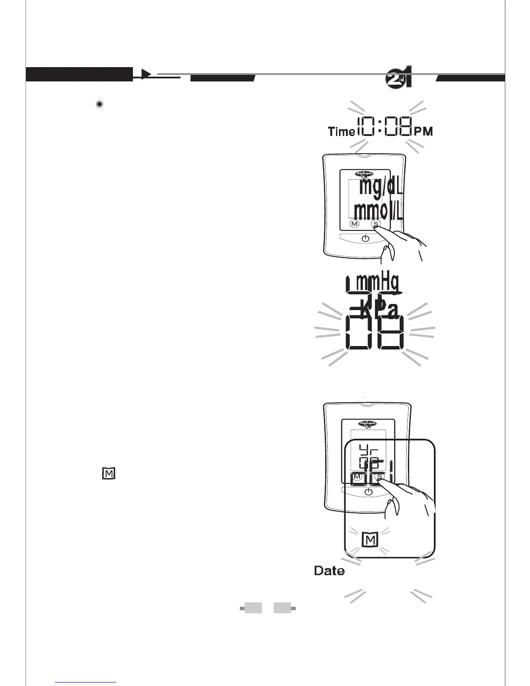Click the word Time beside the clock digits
click(x=341, y=131)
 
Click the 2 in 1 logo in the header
click(x=398, y=78)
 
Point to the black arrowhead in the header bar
click(x=146, y=74)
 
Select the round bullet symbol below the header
click(x=100, y=104)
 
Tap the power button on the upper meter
click(x=365, y=239)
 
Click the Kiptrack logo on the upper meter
click(x=365, y=174)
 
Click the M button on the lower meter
click(x=357, y=477)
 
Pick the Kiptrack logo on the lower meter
click(x=368, y=424)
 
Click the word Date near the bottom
click(x=330, y=571)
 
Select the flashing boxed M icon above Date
click(x=370, y=540)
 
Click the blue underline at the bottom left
click(x=86, y=683)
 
